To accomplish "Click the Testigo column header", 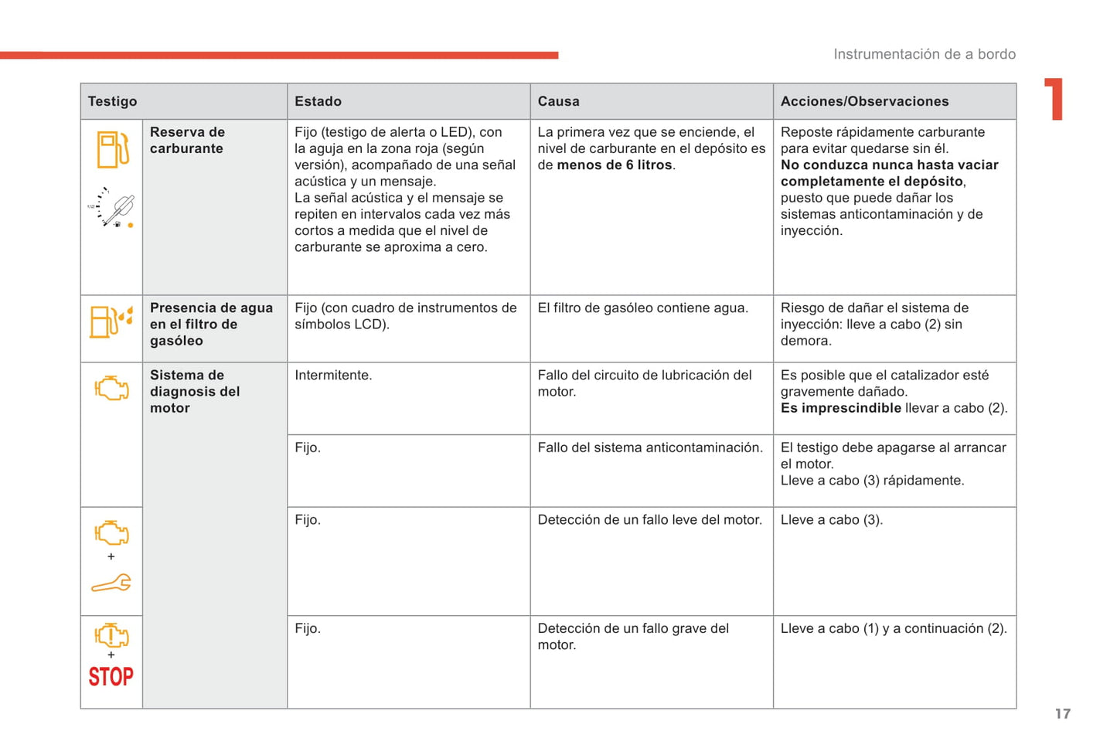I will (x=113, y=101).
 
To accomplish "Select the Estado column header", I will (x=318, y=101).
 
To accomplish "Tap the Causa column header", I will (x=558, y=101).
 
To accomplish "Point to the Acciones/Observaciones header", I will (x=864, y=101).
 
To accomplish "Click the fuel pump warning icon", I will (x=112, y=150).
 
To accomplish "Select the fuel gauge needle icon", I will (x=114, y=208).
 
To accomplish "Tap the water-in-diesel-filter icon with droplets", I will (x=111, y=321).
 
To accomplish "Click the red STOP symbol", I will (x=111, y=677).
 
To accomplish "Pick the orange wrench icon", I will (x=111, y=583).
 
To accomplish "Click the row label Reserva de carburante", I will (x=187, y=141).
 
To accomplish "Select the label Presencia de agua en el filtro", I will (x=210, y=324).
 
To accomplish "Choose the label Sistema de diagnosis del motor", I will (x=194, y=392).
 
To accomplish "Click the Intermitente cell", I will (x=333, y=376).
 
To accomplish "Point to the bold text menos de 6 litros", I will (x=615, y=165).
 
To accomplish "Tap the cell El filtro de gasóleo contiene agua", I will (x=642, y=308).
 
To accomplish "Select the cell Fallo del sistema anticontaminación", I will (x=649, y=448).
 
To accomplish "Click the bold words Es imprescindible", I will (x=840, y=408).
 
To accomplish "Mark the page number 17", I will (x=1063, y=714).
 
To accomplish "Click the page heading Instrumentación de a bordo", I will (x=924, y=54).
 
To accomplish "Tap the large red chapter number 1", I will (x=1055, y=99).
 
